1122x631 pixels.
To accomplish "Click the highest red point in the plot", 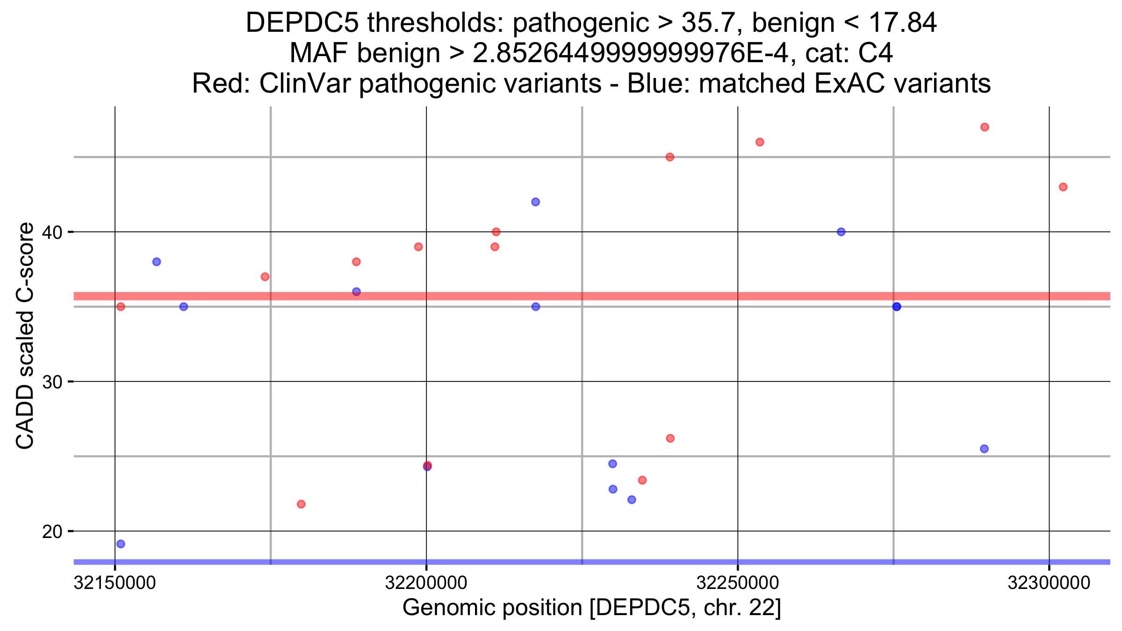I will tap(985, 127).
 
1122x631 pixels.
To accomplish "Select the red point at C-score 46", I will tap(760, 142).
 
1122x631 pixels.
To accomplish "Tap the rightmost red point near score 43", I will tap(1063, 187).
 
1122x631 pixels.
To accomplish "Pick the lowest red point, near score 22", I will tap(301, 504).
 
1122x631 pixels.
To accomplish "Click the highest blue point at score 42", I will tap(536, 202).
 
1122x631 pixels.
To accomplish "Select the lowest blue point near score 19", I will tap(121, 544).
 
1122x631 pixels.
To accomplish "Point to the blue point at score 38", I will tap(157, 262).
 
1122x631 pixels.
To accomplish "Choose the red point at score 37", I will tap(265, 277).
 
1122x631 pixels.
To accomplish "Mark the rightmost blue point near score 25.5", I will tap(984, 449).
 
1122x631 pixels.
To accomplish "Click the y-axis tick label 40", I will tap(52, 232).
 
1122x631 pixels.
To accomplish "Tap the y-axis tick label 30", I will tap(52, 382).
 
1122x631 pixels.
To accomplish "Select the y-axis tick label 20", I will tap(52, 531).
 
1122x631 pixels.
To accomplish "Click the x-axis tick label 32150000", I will tap(115, 583).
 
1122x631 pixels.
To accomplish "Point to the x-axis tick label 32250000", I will tap(738, 583).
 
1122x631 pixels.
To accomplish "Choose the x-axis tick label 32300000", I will tap(1049, 583).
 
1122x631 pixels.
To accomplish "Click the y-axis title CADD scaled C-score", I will tap(25, 335).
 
